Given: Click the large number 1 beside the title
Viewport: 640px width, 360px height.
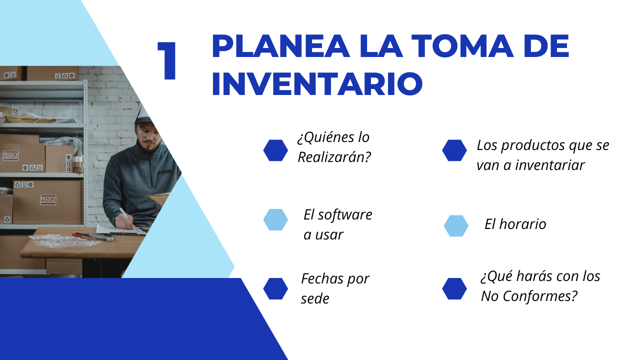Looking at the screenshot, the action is click(167, 60).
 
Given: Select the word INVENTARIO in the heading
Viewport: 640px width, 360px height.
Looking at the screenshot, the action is click(317, 83).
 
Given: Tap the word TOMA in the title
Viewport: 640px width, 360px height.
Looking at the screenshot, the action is click(462, 46).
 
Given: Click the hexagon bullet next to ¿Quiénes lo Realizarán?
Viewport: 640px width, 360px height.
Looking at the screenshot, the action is click(275, 150).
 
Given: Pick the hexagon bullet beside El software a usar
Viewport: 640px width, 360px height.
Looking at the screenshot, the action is click(275, 219).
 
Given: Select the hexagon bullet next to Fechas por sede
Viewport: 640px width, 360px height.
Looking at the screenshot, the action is click(275, 289).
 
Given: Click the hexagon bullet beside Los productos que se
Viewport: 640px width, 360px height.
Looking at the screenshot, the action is click(454, 150).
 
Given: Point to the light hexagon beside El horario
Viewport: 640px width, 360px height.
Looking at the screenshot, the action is click(456, 225).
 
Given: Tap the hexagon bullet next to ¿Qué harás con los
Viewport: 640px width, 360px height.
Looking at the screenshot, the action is click(454, 289).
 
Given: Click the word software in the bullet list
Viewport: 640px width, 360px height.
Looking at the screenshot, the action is click(345, 214).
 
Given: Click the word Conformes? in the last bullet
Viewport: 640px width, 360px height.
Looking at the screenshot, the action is click(540, 296).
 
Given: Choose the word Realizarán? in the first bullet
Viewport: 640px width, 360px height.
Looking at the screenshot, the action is click(334, 157).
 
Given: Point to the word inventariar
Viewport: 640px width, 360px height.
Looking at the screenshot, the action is click(550, 165).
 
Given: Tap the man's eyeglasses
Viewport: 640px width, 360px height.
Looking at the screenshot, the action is click(148, 132).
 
